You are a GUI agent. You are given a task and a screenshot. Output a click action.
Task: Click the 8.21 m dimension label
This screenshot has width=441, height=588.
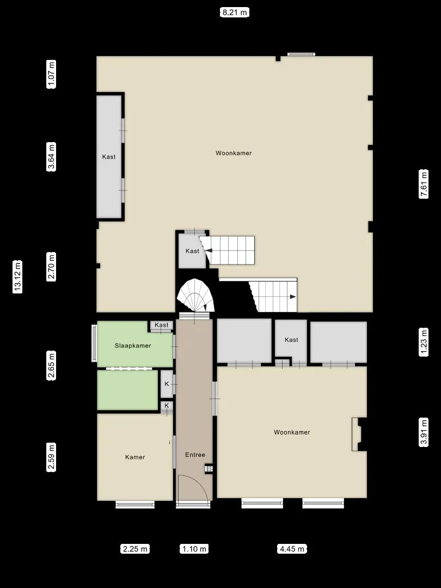pyautogui.click(x=234, y=13)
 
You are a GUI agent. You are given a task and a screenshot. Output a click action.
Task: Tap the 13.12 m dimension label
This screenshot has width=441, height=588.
pyautogui.click(x=17, y=277)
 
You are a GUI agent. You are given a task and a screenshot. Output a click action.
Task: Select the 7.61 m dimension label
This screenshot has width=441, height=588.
pyautogui.click(x=424, y=184)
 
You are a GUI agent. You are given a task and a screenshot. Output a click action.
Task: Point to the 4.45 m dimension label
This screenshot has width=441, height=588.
pyautogui.click(x=292, y=549)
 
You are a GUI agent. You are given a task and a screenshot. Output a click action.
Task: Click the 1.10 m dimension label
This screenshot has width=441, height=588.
pyautogui.click(x=194, y=549)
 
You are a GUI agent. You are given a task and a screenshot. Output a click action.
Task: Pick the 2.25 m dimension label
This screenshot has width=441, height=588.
pyautogui.click(x=134, y=549)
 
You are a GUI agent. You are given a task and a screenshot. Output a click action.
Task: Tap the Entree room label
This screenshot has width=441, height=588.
pyautogui.click(x=195, y=455)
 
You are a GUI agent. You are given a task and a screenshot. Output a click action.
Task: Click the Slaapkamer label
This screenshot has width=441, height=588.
pyautogui.click(x=133, y=346)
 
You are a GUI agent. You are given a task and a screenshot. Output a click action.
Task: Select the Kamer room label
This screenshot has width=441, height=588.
pyautogui.click(x=135, y=457)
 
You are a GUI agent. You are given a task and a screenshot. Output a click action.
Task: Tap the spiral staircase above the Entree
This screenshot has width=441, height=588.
pyautogui.click(x=195, y=296)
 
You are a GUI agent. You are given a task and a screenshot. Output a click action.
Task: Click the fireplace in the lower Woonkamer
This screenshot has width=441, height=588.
pyautogui.click(x=359, y=434)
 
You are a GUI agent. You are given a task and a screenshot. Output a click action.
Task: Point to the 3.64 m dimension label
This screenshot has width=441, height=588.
pyautogui.click(x=51, y=157)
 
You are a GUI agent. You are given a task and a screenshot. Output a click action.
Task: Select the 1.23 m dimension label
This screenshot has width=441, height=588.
pyautogui.click(x=424, y=341)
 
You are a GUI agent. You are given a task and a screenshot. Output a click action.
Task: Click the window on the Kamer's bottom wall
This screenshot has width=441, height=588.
pyautogui.click(x=135, y=504)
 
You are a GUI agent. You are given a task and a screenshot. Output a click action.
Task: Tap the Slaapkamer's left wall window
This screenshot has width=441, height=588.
pyautogui.click(x=94, y=343)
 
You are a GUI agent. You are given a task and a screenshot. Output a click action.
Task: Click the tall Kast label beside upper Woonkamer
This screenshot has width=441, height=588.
pyautogui.click(x=109, y=157)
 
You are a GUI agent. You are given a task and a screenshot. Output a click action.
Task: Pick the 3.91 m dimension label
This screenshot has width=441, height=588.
pyautogui.click(x=424, y=432)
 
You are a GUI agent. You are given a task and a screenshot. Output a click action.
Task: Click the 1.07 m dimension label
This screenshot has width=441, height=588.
pyautogui.click(x=51, y=74)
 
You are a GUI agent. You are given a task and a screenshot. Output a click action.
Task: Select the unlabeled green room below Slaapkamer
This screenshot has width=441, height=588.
pyautogui.click(x=127, y=390)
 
